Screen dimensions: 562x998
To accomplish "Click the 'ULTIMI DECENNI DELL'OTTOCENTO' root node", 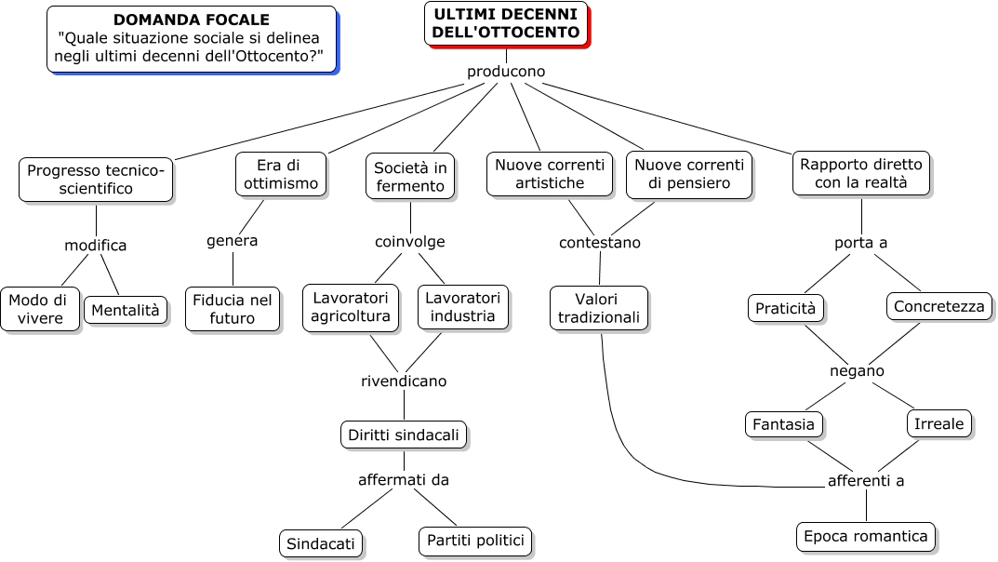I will pyautogui.click(x=506, y=24).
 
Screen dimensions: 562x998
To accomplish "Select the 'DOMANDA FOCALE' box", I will pyautogui.click(x=191, y=39).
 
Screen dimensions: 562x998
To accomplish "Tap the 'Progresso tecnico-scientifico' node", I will pyautogui.click(x=96, y=180).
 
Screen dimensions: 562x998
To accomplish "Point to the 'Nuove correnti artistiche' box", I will pyautogui.click(x=550, y=174).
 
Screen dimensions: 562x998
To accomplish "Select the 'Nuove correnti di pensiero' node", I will pyautogui.click(x=689, y=174).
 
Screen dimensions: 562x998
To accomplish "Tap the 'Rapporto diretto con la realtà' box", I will pyautogui.click(x=861, y=174).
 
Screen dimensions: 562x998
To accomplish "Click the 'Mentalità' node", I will pyautogui.click(x=126, y=310).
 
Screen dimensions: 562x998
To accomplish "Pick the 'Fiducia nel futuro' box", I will pyautogui.click(x=233, y=309).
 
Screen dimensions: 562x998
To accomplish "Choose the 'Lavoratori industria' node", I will pyautogui.click(x=463, y=307).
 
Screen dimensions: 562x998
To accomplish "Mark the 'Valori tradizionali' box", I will pyautogui.click(x=599, y=308).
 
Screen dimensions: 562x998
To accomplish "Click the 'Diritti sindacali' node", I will pyautogui.click(x=404, y=435).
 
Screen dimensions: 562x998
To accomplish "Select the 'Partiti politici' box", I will pyautogui.click(x=475, y=541).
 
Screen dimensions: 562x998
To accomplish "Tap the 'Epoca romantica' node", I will pyautogui.click(x=866, y=537).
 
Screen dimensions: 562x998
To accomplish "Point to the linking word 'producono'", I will pyautogui.click(x=506, y=72).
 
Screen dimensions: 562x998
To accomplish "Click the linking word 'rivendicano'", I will pyautogui.click(x=404, y=381).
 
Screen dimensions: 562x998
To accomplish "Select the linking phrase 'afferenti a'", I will pyautogui.click(x=866, y=481).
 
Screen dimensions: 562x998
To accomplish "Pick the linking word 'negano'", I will pyautogui.click(x=857, y=371).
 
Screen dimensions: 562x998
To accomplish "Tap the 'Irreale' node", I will pyautogui.click(x=939, y=423).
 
